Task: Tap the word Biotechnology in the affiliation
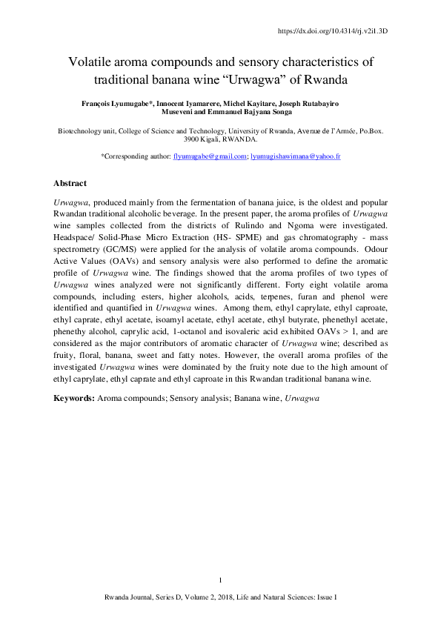tap(81, 130)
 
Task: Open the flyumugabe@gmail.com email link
tap(209, 156)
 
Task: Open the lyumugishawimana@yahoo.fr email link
tap(295, 156)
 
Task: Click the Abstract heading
tap(70, 182)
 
